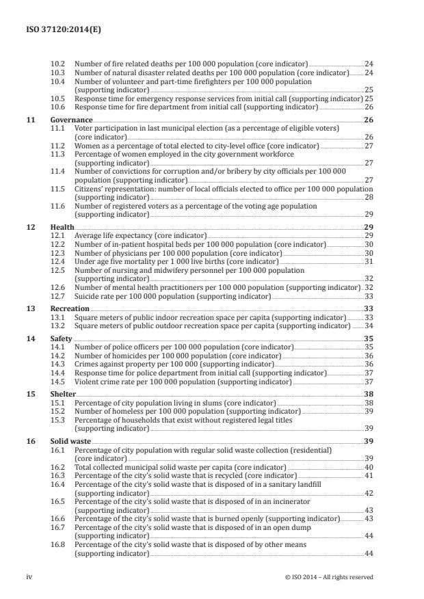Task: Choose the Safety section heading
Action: [62, 338]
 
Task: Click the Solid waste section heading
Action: [69, 442]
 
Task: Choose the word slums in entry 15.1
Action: [204, 403]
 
